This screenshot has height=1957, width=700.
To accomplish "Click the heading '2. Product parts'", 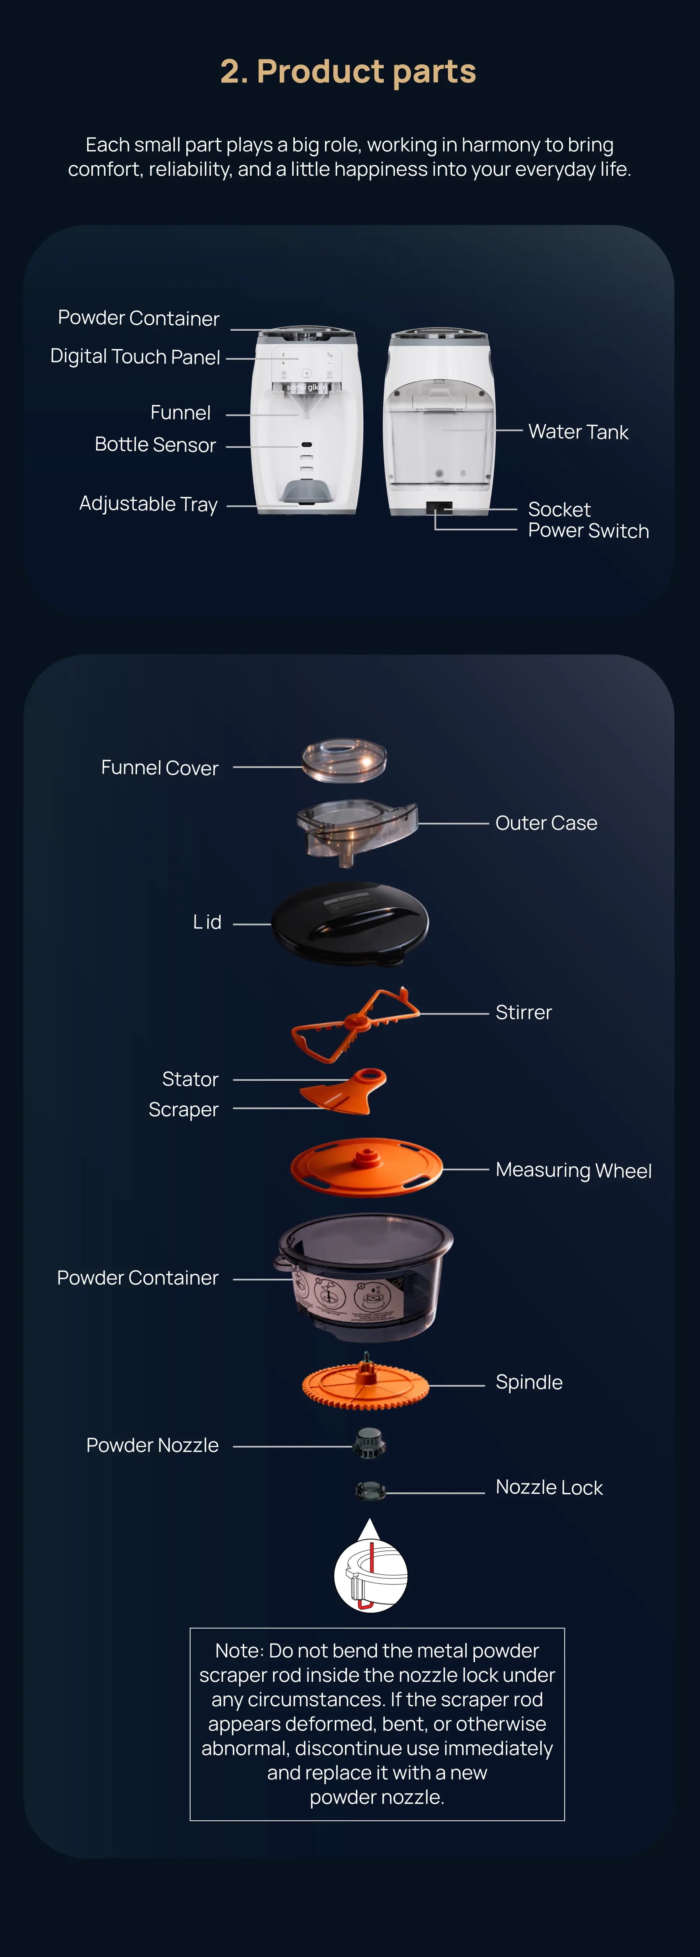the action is [x=348, y=71].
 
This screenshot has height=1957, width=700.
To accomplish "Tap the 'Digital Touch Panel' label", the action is [x=135, y=356].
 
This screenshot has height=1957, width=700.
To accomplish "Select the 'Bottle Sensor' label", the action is [x=155, y=444].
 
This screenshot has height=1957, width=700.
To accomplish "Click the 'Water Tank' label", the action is [x=579, y=431].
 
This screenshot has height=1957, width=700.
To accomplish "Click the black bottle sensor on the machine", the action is [x=306, y=444].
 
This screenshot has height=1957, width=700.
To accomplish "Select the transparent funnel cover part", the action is [x=344, y=761].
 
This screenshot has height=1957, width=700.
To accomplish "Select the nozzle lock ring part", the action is [x=370, y=1490].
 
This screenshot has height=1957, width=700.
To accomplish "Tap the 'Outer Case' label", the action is [x=546, y=823].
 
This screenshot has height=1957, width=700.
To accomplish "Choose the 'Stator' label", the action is [x=190, y=1079].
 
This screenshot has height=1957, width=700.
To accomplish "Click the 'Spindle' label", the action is [x=529, y=1382].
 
